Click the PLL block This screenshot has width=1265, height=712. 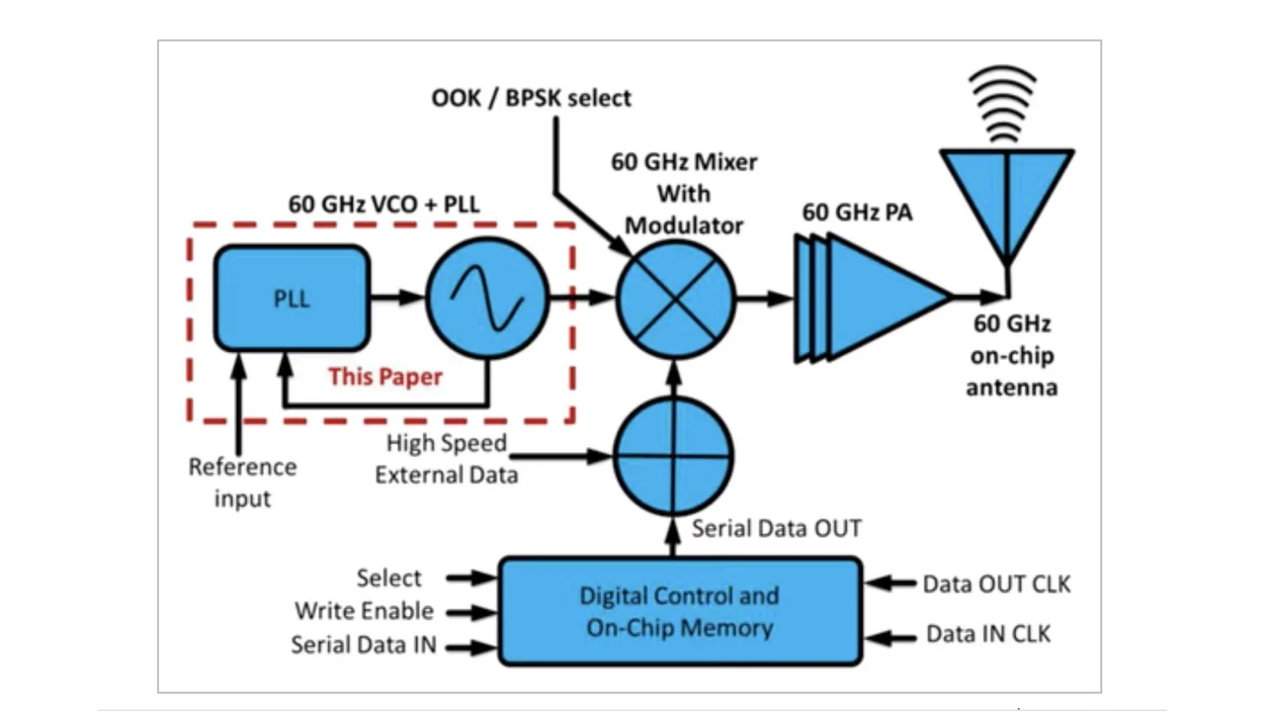(292, 298)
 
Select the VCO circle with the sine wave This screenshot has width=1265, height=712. (487, 298)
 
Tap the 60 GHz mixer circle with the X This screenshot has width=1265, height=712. (676, 298)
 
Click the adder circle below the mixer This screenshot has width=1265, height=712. (674, 456)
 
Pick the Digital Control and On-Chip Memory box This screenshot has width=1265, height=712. (680, 611)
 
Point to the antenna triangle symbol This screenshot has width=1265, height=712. (1006, 198)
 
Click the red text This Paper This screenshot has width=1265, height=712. (385, 377)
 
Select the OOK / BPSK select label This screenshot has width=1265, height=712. (531, 98)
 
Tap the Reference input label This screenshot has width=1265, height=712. (242, 483)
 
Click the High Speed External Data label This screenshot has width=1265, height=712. (446, 459)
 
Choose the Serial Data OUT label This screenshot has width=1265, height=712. (776, 528)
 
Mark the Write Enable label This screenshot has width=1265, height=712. (364, 611)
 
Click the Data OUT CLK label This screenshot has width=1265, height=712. (996, 584)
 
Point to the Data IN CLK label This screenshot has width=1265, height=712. (988, 634)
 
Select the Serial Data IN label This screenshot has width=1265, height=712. (364, 646)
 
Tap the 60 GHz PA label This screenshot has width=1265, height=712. (857, 213)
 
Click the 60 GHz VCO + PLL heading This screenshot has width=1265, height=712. (383, 204)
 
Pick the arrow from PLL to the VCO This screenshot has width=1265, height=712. (397, 296)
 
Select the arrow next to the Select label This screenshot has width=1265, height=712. (470, 577)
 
